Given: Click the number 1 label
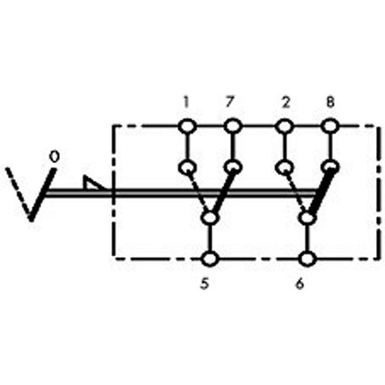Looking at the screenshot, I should [186, 102].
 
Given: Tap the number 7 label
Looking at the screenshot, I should [232, 102].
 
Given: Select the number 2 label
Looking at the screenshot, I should [285, 102].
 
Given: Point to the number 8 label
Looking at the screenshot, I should [330, 102].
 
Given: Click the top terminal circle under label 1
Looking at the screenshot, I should [187, 126].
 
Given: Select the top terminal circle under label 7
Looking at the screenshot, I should [233, 126].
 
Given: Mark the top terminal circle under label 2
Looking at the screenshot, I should [285, 126].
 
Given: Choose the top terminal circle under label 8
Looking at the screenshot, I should [330, 126].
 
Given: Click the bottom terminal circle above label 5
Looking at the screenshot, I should [210, 260].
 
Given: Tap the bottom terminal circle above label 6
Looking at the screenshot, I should [307, 260].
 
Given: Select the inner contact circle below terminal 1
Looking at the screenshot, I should [187, 167].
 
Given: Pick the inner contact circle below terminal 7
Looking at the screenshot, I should [233, 167].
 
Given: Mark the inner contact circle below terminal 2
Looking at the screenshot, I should [285, 167].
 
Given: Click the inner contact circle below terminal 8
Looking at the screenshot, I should [330, 167].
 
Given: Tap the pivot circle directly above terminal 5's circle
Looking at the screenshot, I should [210, 218].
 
